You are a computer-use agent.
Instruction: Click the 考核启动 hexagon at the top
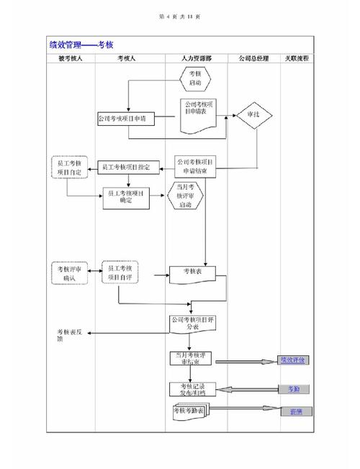point(194,78)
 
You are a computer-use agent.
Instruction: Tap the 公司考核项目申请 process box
point(127,118)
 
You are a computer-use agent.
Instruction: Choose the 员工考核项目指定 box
point(127,167)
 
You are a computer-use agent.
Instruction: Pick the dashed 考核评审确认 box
point(69,273)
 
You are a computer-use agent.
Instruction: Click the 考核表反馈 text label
point(70,335)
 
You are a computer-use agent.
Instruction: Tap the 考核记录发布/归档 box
point(188,389)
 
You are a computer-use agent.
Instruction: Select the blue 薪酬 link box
point(295,412)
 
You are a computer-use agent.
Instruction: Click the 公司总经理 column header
point(251,57)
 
